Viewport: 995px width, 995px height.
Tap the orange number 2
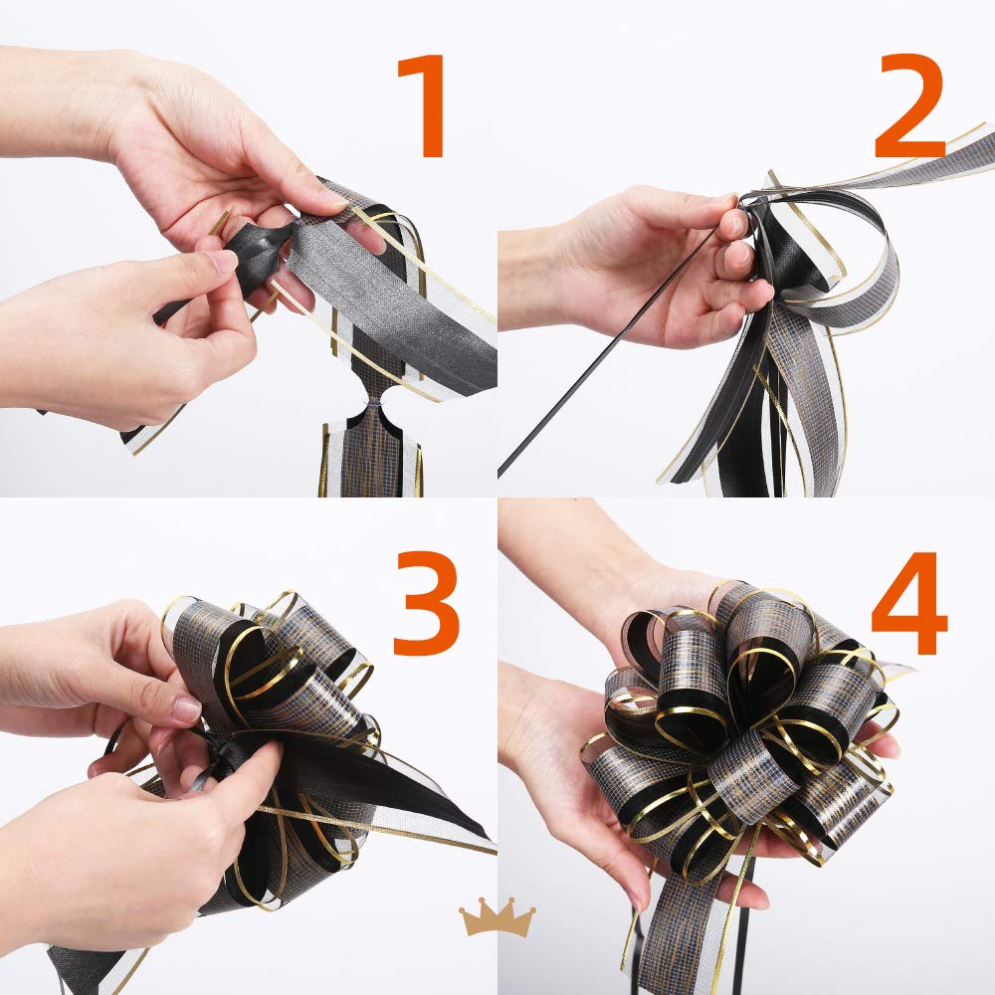click(x=910, y=105)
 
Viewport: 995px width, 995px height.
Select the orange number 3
click(x=426, y=603)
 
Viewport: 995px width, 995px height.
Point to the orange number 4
click(x=908, y=603)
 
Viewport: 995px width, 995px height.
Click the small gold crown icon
click(x=497, y=917)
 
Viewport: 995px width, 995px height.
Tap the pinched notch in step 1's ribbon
click(x=370, y=404)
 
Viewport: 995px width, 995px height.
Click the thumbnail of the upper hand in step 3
click(x=188, y=708)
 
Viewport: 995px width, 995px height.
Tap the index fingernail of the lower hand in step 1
click(x=221, y=261)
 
